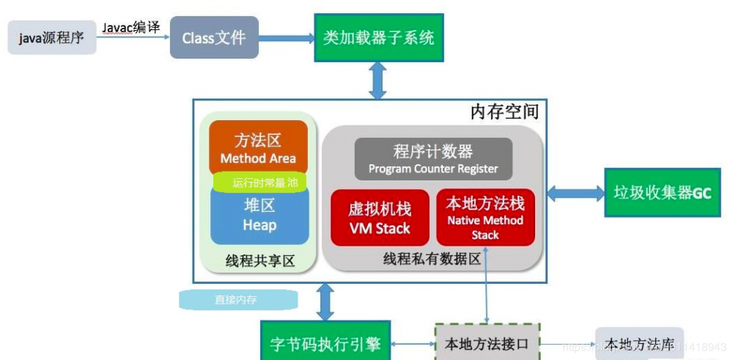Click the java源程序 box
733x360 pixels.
[52, 37]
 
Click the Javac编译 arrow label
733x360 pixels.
[131, 27]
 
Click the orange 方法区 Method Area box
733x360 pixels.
[258, 148]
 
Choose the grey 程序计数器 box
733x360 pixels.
[433, 159]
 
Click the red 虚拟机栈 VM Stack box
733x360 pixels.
[380, 218]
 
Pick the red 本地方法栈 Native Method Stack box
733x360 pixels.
[485, 217]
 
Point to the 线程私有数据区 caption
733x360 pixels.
[432, 259]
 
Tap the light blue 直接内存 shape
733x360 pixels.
[237, 299]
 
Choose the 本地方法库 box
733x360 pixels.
[638, 343]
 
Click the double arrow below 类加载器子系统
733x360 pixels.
[377, 80]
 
